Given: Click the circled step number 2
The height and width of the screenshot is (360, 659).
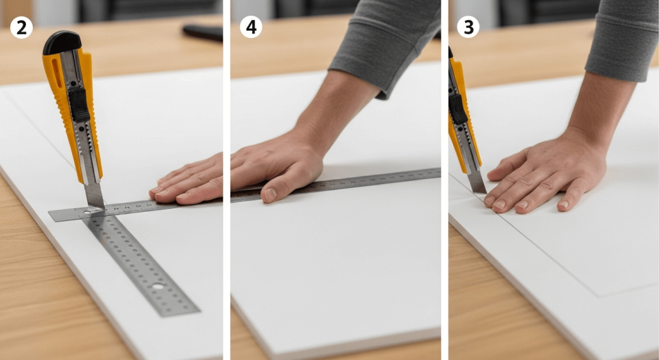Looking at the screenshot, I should coord(21,28).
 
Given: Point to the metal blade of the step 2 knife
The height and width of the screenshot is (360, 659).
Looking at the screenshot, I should coord(94,194).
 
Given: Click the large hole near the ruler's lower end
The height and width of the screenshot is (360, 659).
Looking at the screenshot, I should coord(158,286).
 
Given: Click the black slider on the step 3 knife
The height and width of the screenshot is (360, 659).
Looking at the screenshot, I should coord(458,109).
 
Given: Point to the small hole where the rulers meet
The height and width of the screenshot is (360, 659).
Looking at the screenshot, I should coord(87,212).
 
